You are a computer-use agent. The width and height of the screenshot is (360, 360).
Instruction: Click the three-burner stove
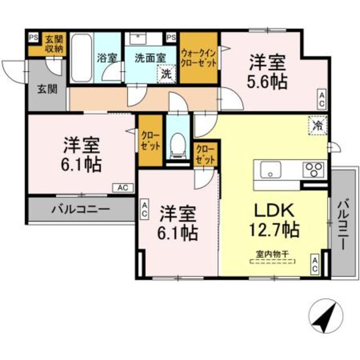click(x=313, y=168)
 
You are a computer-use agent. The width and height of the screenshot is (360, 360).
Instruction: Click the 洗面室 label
click(x=149, y=56)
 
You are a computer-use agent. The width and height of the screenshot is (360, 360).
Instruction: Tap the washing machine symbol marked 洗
click(x=167, y=73)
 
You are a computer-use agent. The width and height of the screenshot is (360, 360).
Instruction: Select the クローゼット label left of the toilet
click(x=150, y=141)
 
